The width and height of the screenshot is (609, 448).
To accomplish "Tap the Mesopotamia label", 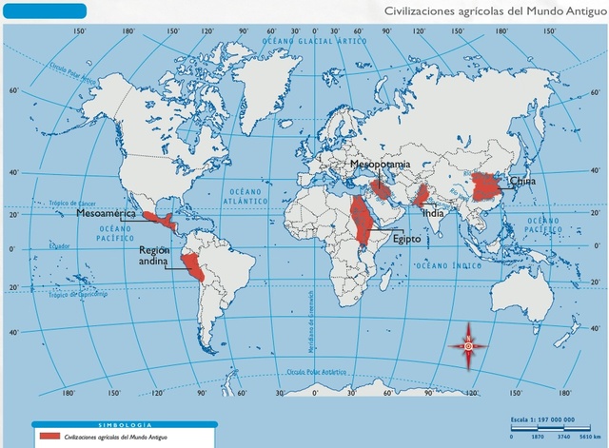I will pos(381,165).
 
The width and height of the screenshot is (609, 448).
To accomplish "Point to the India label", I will pos(433,213).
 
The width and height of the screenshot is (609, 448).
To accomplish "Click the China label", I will pos(522,181).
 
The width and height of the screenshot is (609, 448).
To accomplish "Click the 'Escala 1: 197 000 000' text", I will pos(548,418).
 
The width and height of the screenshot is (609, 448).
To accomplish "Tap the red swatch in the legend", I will pos(49,435).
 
